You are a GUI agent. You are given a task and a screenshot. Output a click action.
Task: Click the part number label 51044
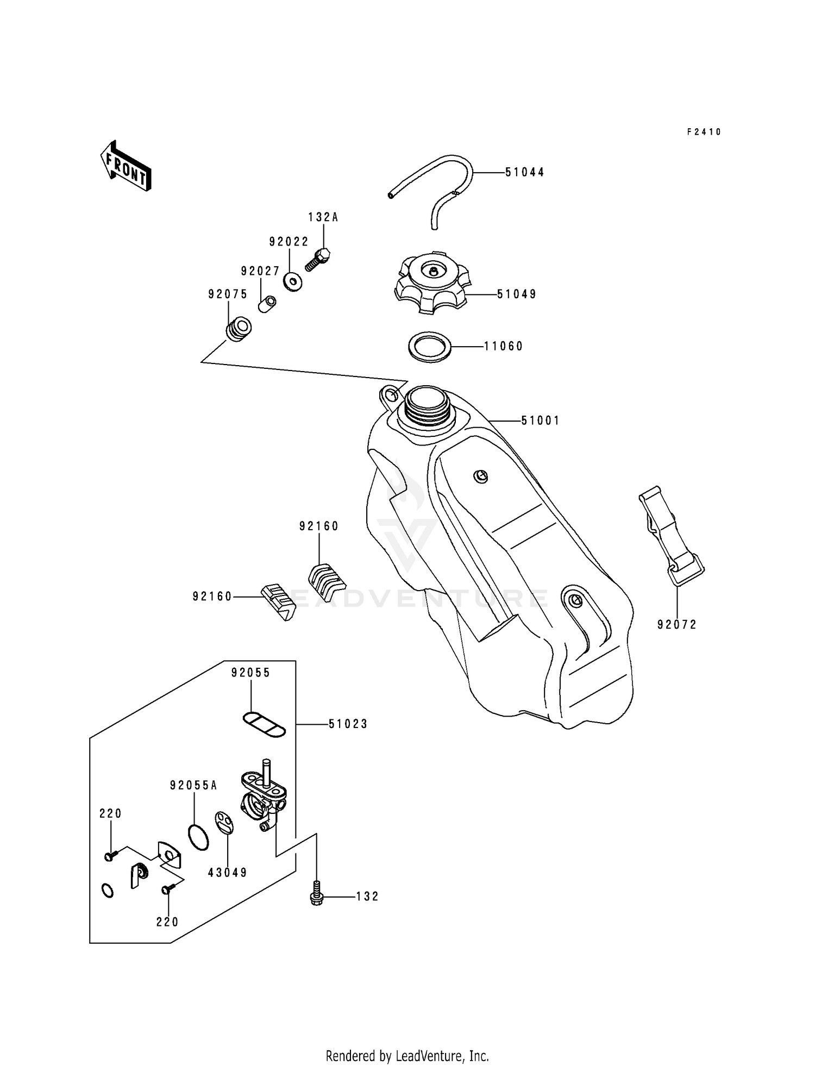pos(524,172)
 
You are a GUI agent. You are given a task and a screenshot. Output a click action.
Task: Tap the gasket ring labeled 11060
pos(430,346)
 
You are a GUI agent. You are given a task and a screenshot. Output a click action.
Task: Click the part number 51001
pos(540,421)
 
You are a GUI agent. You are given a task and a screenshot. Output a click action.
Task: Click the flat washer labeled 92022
pos(293,281)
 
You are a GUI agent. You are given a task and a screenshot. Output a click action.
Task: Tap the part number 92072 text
pos(676,625)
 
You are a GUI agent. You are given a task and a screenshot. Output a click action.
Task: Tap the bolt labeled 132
pos(315,896)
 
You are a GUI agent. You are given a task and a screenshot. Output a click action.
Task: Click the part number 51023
pos(348,724)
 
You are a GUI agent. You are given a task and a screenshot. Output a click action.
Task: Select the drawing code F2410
pos(704,132)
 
